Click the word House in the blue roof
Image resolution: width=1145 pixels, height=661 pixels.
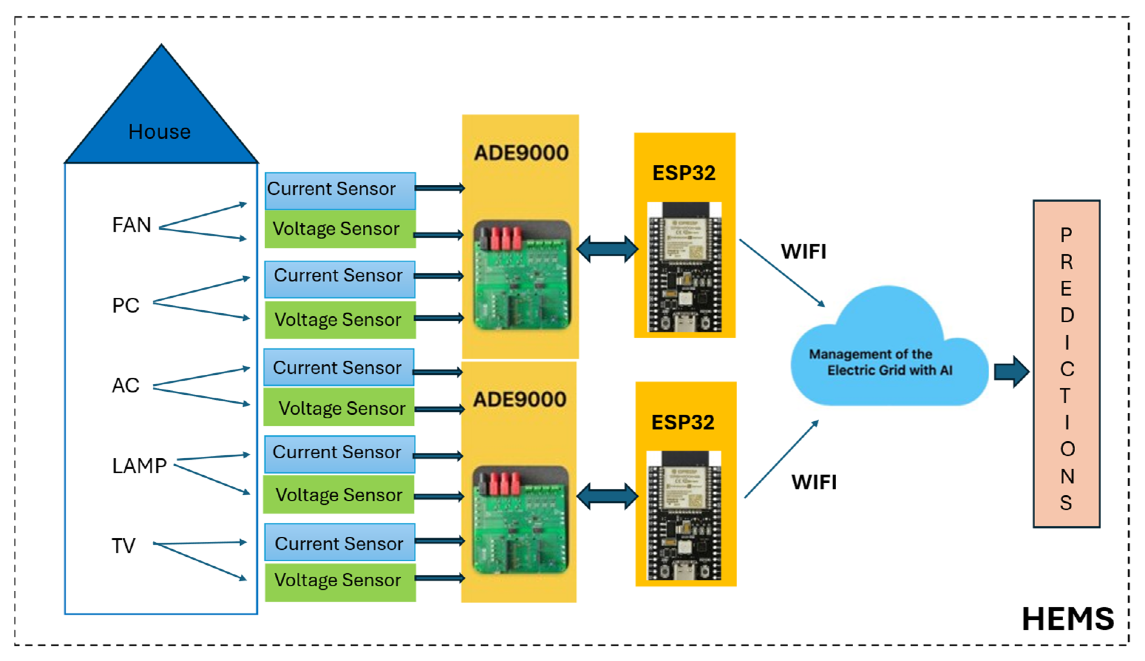click(159, 132)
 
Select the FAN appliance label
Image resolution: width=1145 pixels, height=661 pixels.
click(131, 225)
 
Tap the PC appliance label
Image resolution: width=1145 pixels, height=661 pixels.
click(125, 305)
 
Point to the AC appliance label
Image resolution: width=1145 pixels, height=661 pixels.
click(125, 385)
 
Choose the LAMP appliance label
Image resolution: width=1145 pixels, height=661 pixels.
click(139, 466)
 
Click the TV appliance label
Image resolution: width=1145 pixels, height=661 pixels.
click(123, 546)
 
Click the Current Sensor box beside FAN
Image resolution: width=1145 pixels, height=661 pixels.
click(340, 190)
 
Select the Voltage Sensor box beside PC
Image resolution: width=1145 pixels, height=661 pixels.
click(340, 320)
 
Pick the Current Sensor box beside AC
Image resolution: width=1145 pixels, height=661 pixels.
click(338, 367)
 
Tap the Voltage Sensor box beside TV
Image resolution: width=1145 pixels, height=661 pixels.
click(340, 581)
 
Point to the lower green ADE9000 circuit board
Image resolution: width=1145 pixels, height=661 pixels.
click(520, 519)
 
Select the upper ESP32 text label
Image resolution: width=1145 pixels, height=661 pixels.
click(684, 173)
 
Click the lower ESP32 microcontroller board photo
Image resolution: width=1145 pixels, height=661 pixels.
click(684, 515)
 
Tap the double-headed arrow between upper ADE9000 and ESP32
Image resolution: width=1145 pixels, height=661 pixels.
click(607, 249)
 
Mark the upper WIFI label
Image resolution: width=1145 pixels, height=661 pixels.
click(803, 252)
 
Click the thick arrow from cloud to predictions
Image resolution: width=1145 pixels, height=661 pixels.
click(1011, 372)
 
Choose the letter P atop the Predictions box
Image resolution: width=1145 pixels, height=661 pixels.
click(1066, 235)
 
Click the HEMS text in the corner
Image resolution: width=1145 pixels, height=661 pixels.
click(1067, 619)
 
